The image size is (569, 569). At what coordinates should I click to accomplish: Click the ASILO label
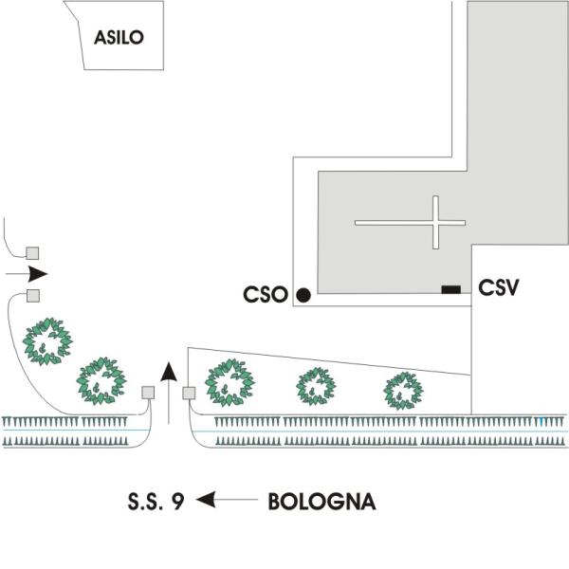click(x=119, y=37)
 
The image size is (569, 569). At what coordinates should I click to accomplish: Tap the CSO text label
click(x=266, y=294)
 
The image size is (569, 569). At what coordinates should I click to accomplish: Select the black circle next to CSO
click(x=303, y=295)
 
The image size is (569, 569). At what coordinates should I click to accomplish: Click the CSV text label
click(x=498, y=287)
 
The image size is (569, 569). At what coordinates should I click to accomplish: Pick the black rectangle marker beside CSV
click(x=451, y=289)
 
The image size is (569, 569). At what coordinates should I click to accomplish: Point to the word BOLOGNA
click(x=321, y=502)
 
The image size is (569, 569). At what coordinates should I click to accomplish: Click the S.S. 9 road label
click(x=156, y=502)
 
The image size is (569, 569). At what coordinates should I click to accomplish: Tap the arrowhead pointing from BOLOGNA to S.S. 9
click(x=206, y=500)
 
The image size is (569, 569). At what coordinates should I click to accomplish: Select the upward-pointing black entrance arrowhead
click(x=169, y=372)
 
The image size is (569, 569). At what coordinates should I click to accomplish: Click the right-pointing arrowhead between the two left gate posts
click(x=38, y=274)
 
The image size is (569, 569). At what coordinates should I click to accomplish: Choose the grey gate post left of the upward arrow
click(x=148, y=393)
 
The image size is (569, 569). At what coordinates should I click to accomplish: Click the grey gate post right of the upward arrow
click(x=189, y=393)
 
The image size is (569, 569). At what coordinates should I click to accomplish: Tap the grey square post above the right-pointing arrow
click(x=32, y=253)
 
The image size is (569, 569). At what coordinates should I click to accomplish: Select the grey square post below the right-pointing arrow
click(x=33, y=295)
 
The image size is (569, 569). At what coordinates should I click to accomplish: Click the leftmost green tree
click(x=47, y=341)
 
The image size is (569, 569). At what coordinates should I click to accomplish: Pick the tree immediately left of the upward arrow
click(x=101, y=381)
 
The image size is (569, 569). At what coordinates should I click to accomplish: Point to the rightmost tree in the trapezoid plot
click(x=403, y=391)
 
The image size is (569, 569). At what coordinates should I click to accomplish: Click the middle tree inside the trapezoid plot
click(x=316, y=387)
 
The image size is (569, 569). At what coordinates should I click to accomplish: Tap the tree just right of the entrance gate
click(x=229, y=382)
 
